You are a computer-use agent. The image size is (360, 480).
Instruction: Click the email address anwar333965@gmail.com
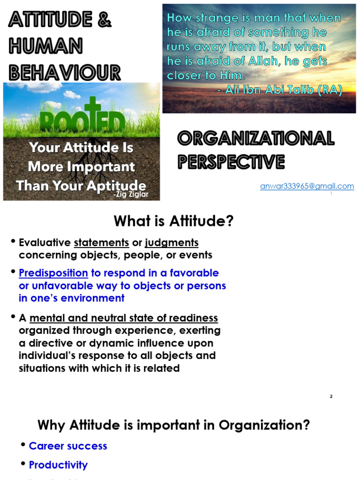coord(307,186)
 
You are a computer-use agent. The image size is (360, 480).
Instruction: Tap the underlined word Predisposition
coord(53,273)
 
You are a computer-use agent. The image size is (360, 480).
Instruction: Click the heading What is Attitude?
coord(173,221)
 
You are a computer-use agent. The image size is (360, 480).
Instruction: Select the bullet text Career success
coord(68,446)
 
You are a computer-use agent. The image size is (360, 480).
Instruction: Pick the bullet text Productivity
coord(58,465)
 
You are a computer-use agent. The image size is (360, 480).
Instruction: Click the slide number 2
coord(331,396)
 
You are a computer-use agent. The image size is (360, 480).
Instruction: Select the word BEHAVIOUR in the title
coord(65,72)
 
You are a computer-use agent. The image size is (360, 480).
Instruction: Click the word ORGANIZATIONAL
coord(255,138)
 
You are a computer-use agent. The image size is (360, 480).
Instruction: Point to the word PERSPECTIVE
coord(231,162)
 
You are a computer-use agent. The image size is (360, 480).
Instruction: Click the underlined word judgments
coord(172,243)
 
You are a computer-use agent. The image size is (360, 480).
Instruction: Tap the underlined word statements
coord(102,243)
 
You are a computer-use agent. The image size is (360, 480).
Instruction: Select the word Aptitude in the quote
coord(118,185)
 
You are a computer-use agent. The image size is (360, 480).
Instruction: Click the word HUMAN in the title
coord(45,46)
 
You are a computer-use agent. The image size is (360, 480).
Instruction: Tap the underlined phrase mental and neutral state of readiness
coord(124,318)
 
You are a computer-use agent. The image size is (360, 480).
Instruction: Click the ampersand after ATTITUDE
coord(105,21)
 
